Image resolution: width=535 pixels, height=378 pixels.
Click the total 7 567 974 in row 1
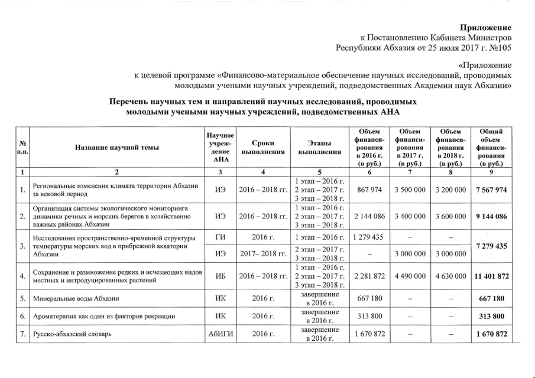(x=488, y=190)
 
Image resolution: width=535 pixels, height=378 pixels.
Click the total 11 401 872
(x=488, y=275)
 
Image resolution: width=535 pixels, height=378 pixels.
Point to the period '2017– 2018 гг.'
(x=262, y=256)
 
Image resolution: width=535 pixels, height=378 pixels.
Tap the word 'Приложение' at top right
(x=487, y=28)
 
